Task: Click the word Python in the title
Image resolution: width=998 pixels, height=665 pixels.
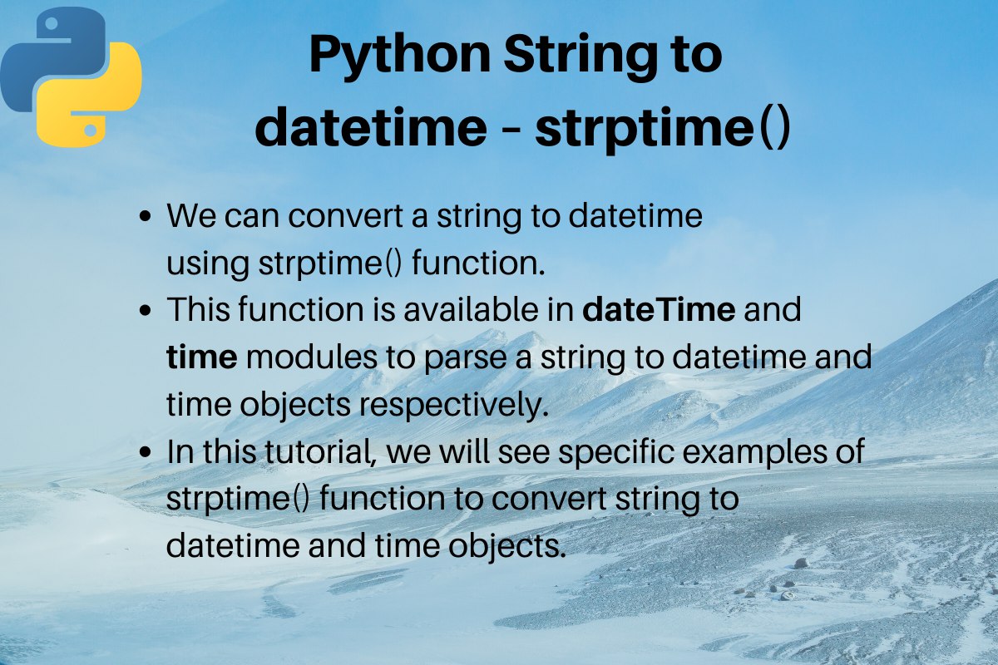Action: pos(400,57)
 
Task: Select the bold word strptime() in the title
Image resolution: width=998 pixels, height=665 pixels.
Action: pos(663,128)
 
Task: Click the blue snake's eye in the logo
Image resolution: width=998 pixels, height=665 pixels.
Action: pos(52,23)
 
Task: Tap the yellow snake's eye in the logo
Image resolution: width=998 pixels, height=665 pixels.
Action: pos(91,131)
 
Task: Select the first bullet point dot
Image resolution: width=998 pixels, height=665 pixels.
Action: pos(146,216)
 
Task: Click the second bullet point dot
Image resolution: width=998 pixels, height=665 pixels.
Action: pos(146,310)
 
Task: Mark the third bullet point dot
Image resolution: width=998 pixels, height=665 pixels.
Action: pos(146,451)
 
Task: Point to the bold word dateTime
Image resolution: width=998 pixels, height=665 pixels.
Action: pos(659,309)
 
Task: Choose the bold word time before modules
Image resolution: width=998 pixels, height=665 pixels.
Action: pos(202,357)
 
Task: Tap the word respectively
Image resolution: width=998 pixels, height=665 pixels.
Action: pos(453,406)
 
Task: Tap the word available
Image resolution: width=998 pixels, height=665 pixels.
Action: pos(472,309)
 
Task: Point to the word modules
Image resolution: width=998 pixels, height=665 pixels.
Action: pos(311,357)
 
